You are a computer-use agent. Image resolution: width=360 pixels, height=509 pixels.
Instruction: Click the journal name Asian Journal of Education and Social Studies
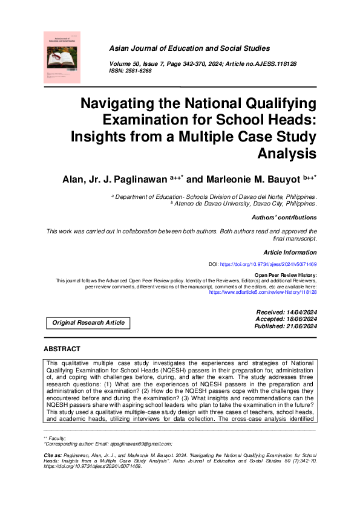tap(189, 48)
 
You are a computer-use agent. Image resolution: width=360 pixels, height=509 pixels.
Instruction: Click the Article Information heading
tap(290, 252)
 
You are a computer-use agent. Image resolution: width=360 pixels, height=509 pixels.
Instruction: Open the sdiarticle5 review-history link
tap(263, 291)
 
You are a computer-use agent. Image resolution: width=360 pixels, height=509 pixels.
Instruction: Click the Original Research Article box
tap(88, 323)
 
